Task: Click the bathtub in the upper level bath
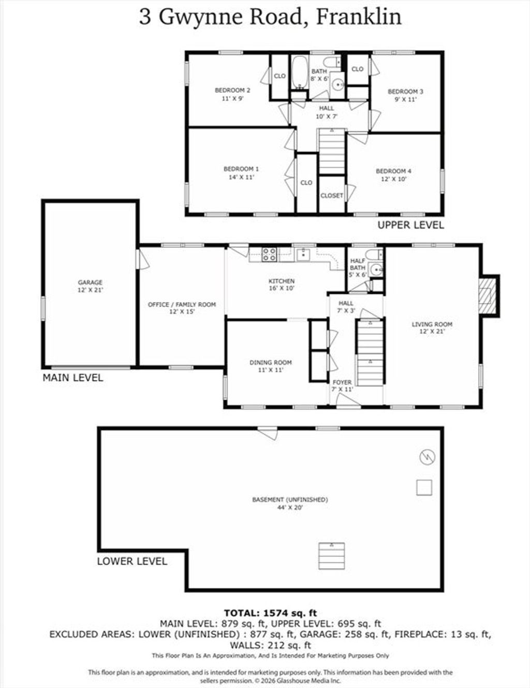coord(299,73)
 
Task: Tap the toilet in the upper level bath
coord(332,62)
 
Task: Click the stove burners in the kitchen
coord(270,254)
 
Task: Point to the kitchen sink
coord(303,254)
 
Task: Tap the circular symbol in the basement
coord(427,457)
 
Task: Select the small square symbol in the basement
coord(424,488)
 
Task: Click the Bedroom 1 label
coord(241,173)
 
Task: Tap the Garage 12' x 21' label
coord(90,286)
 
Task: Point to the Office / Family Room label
coord(182,308)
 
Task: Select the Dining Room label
coord(270,366)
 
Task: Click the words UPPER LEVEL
coord(411,225)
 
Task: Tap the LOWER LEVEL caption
coord(132,562)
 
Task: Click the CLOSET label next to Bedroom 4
coord(331,195)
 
